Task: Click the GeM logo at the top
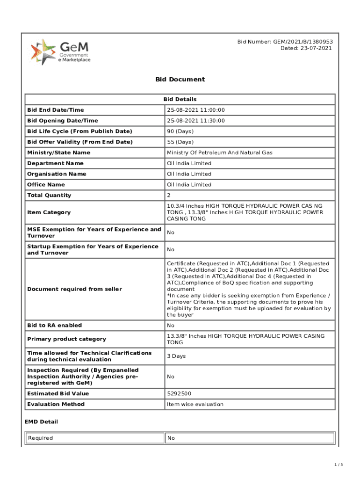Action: click(61, 52)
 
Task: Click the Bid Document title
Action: click(180, 79)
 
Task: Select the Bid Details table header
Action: click(180, 99)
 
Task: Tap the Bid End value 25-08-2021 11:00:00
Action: click(196, 110)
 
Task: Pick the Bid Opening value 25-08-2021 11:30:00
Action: click(196, 121)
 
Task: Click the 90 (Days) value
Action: click(180, 131)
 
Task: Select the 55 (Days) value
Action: click(180, 142)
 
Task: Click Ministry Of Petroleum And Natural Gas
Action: click(220, 152)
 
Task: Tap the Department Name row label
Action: click(55, 163)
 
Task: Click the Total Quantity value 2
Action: click(169, 195)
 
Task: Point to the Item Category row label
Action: click(49, 212)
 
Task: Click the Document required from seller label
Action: click(74, 289)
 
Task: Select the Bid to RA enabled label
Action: click(54, 325)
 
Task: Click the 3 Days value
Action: click(176, 356)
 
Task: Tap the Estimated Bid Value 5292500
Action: click(179, 393)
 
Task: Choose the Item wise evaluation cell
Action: click(195, 404)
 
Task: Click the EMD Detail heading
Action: click(41, 421)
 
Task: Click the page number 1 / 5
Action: click(339, 464)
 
